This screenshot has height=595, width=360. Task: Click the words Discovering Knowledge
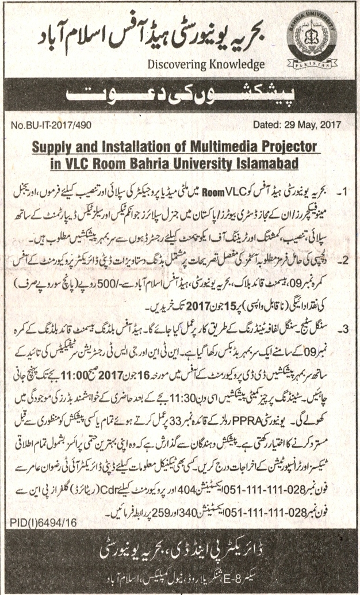(206, 64)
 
